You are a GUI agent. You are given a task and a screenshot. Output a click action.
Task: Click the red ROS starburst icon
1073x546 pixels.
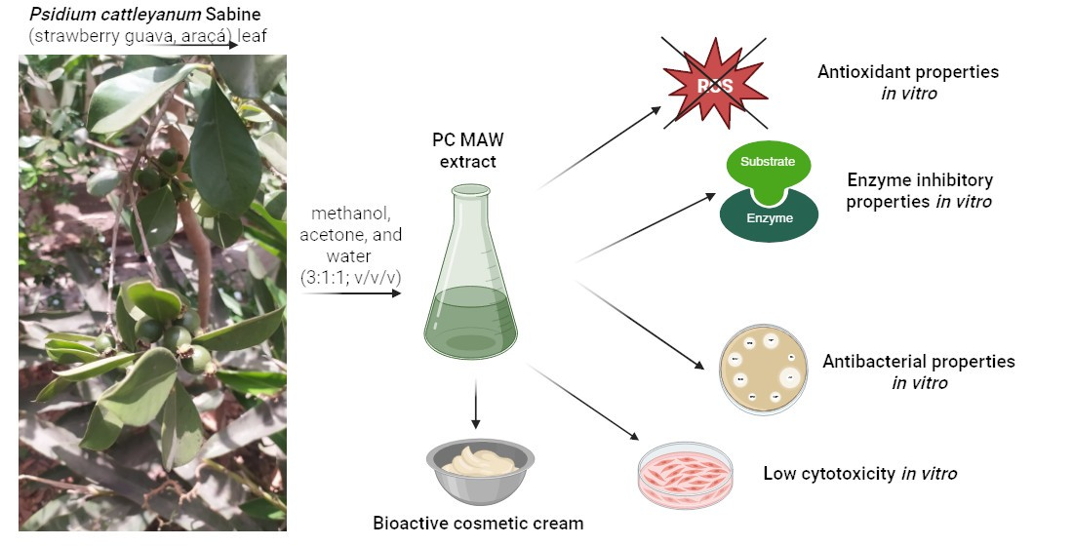tap(714, 85)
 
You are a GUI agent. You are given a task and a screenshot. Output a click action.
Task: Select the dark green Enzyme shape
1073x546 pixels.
tap(769, 217)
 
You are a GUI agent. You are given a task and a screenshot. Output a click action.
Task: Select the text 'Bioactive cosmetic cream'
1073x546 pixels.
tap(478, 524)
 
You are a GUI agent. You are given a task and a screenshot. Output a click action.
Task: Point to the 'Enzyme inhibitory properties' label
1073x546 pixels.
tap(920, 191)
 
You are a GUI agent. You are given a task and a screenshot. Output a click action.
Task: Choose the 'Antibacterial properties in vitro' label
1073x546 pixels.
tap(919, 371)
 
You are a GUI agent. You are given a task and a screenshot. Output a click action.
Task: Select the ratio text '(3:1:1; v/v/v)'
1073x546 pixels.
tap(353, 277)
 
